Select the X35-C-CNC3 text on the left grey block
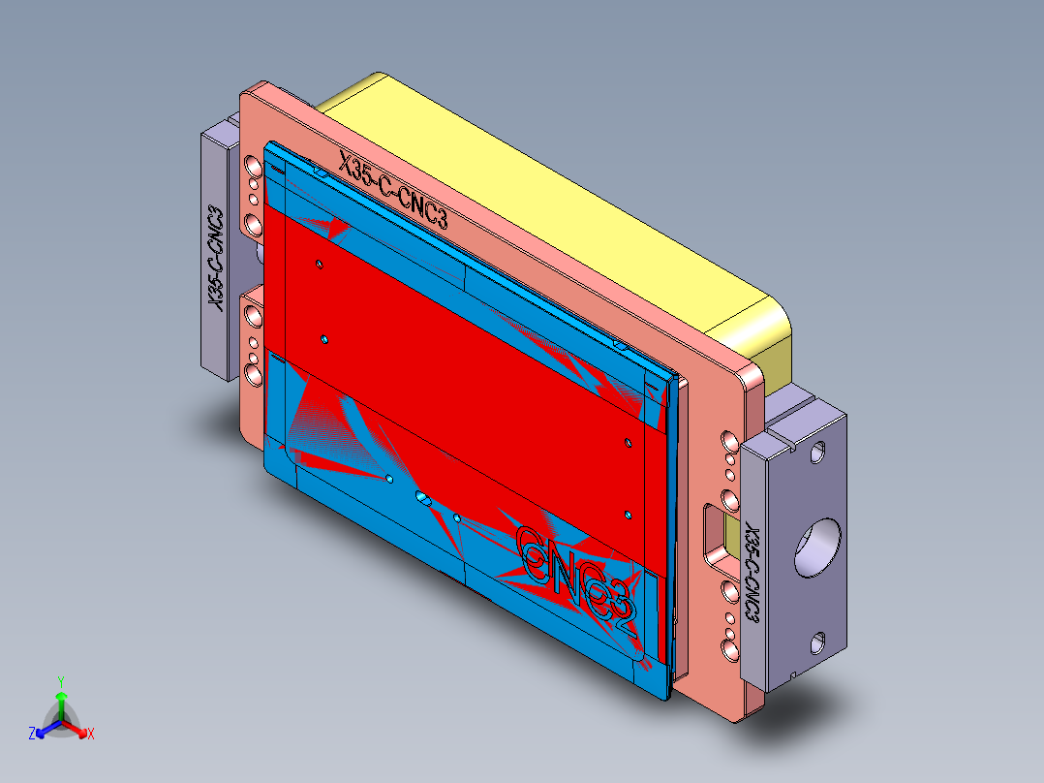217,258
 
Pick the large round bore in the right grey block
816,547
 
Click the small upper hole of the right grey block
819,451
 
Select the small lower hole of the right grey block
819,640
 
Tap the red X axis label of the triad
90,735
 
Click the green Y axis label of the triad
60,681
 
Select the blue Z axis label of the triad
32,735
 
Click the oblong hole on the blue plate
423,498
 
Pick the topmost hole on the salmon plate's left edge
254,166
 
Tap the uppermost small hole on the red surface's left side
319,263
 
